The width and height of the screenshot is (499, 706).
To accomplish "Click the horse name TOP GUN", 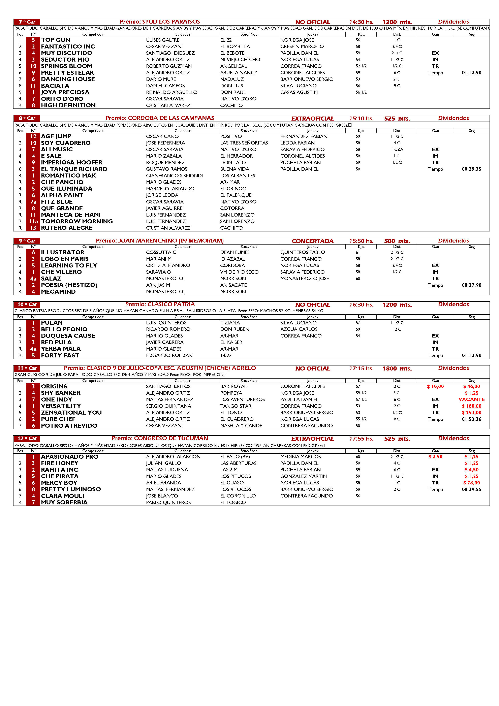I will [56, 40].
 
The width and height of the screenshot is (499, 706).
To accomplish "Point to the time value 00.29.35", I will [471, 169].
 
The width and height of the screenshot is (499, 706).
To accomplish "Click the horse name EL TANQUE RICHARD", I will [74, 169].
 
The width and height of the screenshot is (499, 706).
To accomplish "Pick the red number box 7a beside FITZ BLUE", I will [33, 202].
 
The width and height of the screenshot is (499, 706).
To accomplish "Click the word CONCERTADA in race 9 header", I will [312, 241].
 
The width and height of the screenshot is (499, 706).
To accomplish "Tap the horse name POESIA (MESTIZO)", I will [69, 285].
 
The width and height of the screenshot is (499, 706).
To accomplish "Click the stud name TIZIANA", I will [230, 323].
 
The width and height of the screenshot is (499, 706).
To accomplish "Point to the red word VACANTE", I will [471, 399].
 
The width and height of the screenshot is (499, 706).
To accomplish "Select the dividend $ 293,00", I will [471, 413].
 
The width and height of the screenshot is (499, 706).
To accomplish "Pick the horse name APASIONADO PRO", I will [69, 457].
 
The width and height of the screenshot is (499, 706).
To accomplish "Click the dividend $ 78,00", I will [471, 483].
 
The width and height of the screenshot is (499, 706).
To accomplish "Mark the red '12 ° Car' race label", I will [27, 439].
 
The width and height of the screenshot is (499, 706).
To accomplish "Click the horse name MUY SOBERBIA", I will [64, 503].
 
